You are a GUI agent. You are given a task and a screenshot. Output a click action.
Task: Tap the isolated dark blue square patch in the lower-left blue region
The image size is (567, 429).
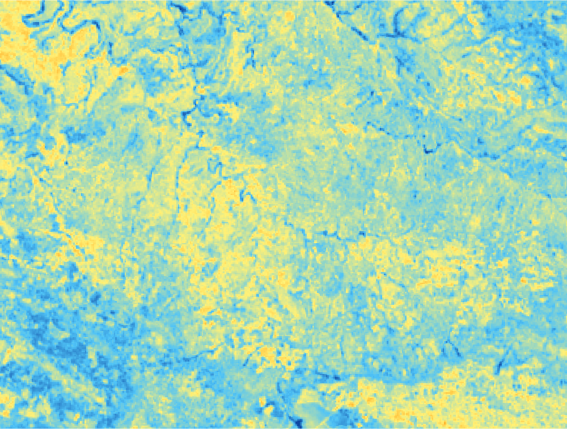click(x=94, y=298)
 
